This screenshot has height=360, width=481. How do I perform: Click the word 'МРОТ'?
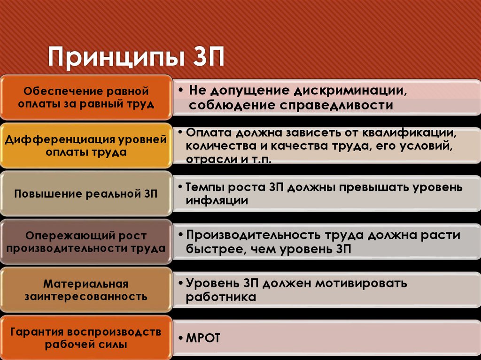[203, 338]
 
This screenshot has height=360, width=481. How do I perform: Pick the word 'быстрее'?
[212, 249]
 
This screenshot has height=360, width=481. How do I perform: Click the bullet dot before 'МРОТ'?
[181, 338]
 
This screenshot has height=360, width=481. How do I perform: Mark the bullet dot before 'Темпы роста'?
[181, 187]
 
